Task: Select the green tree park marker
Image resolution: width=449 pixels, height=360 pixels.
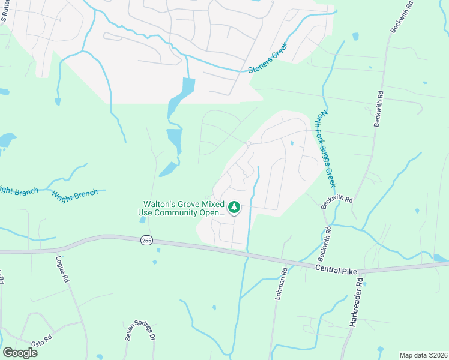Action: click(x=234, y=208)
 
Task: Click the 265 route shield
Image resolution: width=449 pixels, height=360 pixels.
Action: click(x=147, y=240)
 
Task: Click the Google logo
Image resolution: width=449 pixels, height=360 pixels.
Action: click(x=20, y=352)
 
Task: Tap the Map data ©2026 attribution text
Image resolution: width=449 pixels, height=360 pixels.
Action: click(x=423, y=355)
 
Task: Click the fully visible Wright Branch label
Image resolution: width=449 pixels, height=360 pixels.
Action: click(x=74, y=194)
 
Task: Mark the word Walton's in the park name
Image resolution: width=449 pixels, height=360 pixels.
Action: click(x=159, y=204)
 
